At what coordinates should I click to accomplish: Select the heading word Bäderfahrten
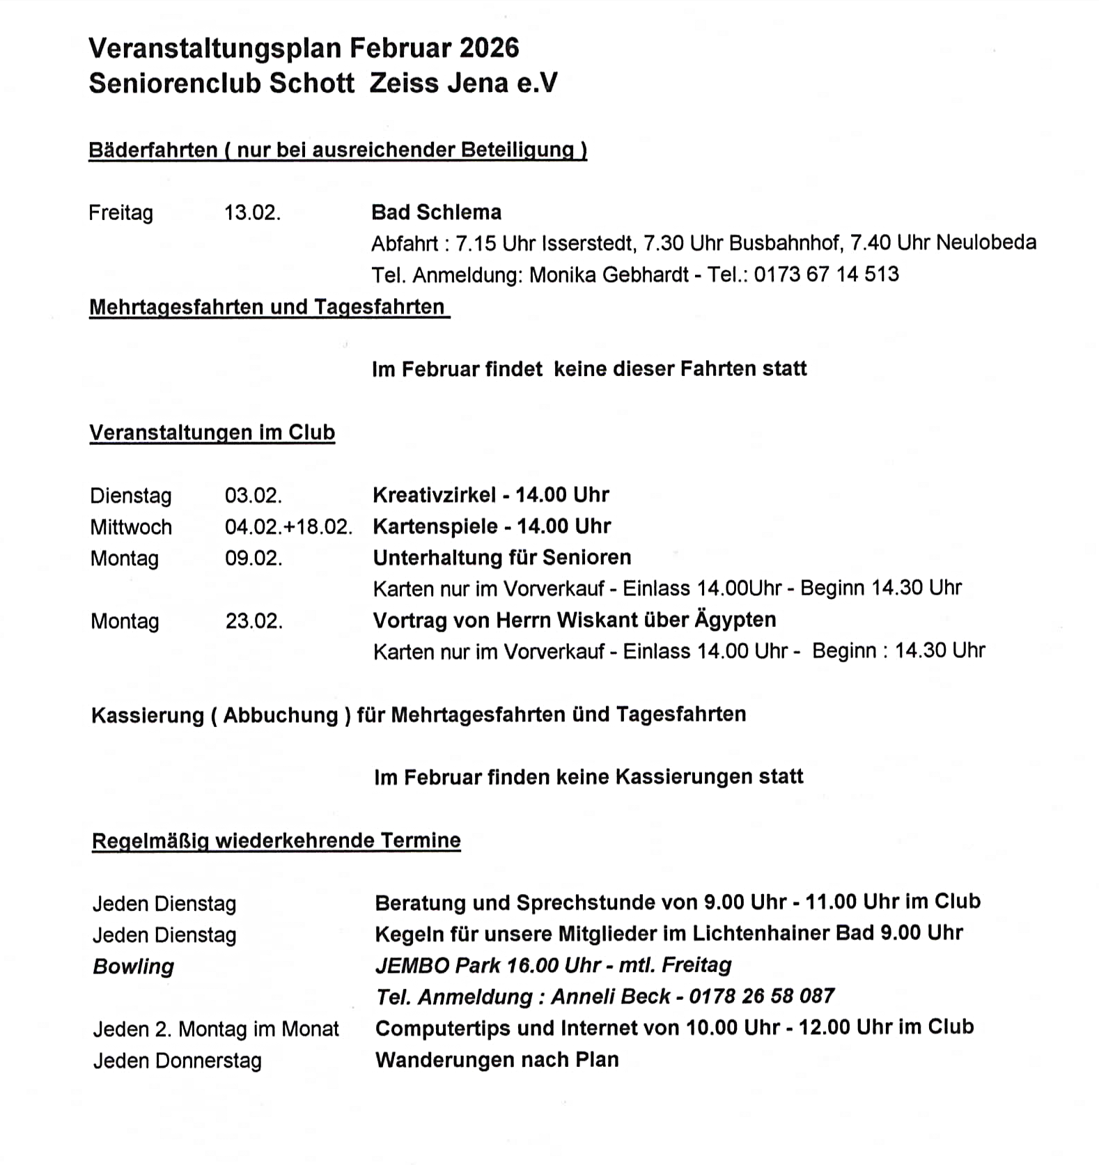(153, 150)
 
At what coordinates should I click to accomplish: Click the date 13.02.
(252, 212)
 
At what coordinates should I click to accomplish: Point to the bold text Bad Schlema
(436, 212)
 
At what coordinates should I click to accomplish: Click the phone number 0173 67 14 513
(826, 274)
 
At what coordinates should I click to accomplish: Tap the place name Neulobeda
(986, 242)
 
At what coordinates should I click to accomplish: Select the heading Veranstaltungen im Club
(212, 432)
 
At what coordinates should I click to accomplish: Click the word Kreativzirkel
(435, 495)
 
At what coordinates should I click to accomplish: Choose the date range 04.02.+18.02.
(288, 526)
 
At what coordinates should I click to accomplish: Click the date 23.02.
(254, 620)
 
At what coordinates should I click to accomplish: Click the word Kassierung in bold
(147, 715)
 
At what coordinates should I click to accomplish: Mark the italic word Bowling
(133, 967)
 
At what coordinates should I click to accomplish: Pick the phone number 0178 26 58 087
(761, 996)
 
